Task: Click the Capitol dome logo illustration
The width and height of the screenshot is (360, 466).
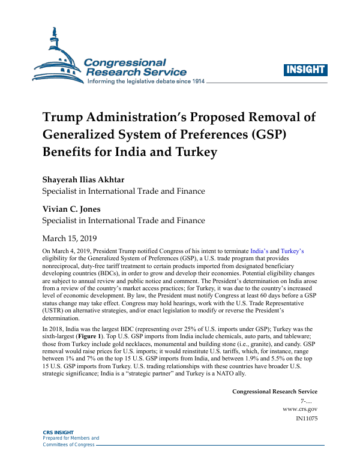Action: pyautogui.click(x=56, y=57)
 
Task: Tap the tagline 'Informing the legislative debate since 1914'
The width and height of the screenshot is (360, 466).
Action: pyautogui.click(x=146, y=81)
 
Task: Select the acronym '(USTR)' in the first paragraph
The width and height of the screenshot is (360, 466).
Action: pyautogui.click(x=55, y=312)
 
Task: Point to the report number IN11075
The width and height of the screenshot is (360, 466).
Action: pyautogui.click(x=307, y=418)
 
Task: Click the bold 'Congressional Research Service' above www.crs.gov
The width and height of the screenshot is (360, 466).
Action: pyautogui.click(x=275, y=392)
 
